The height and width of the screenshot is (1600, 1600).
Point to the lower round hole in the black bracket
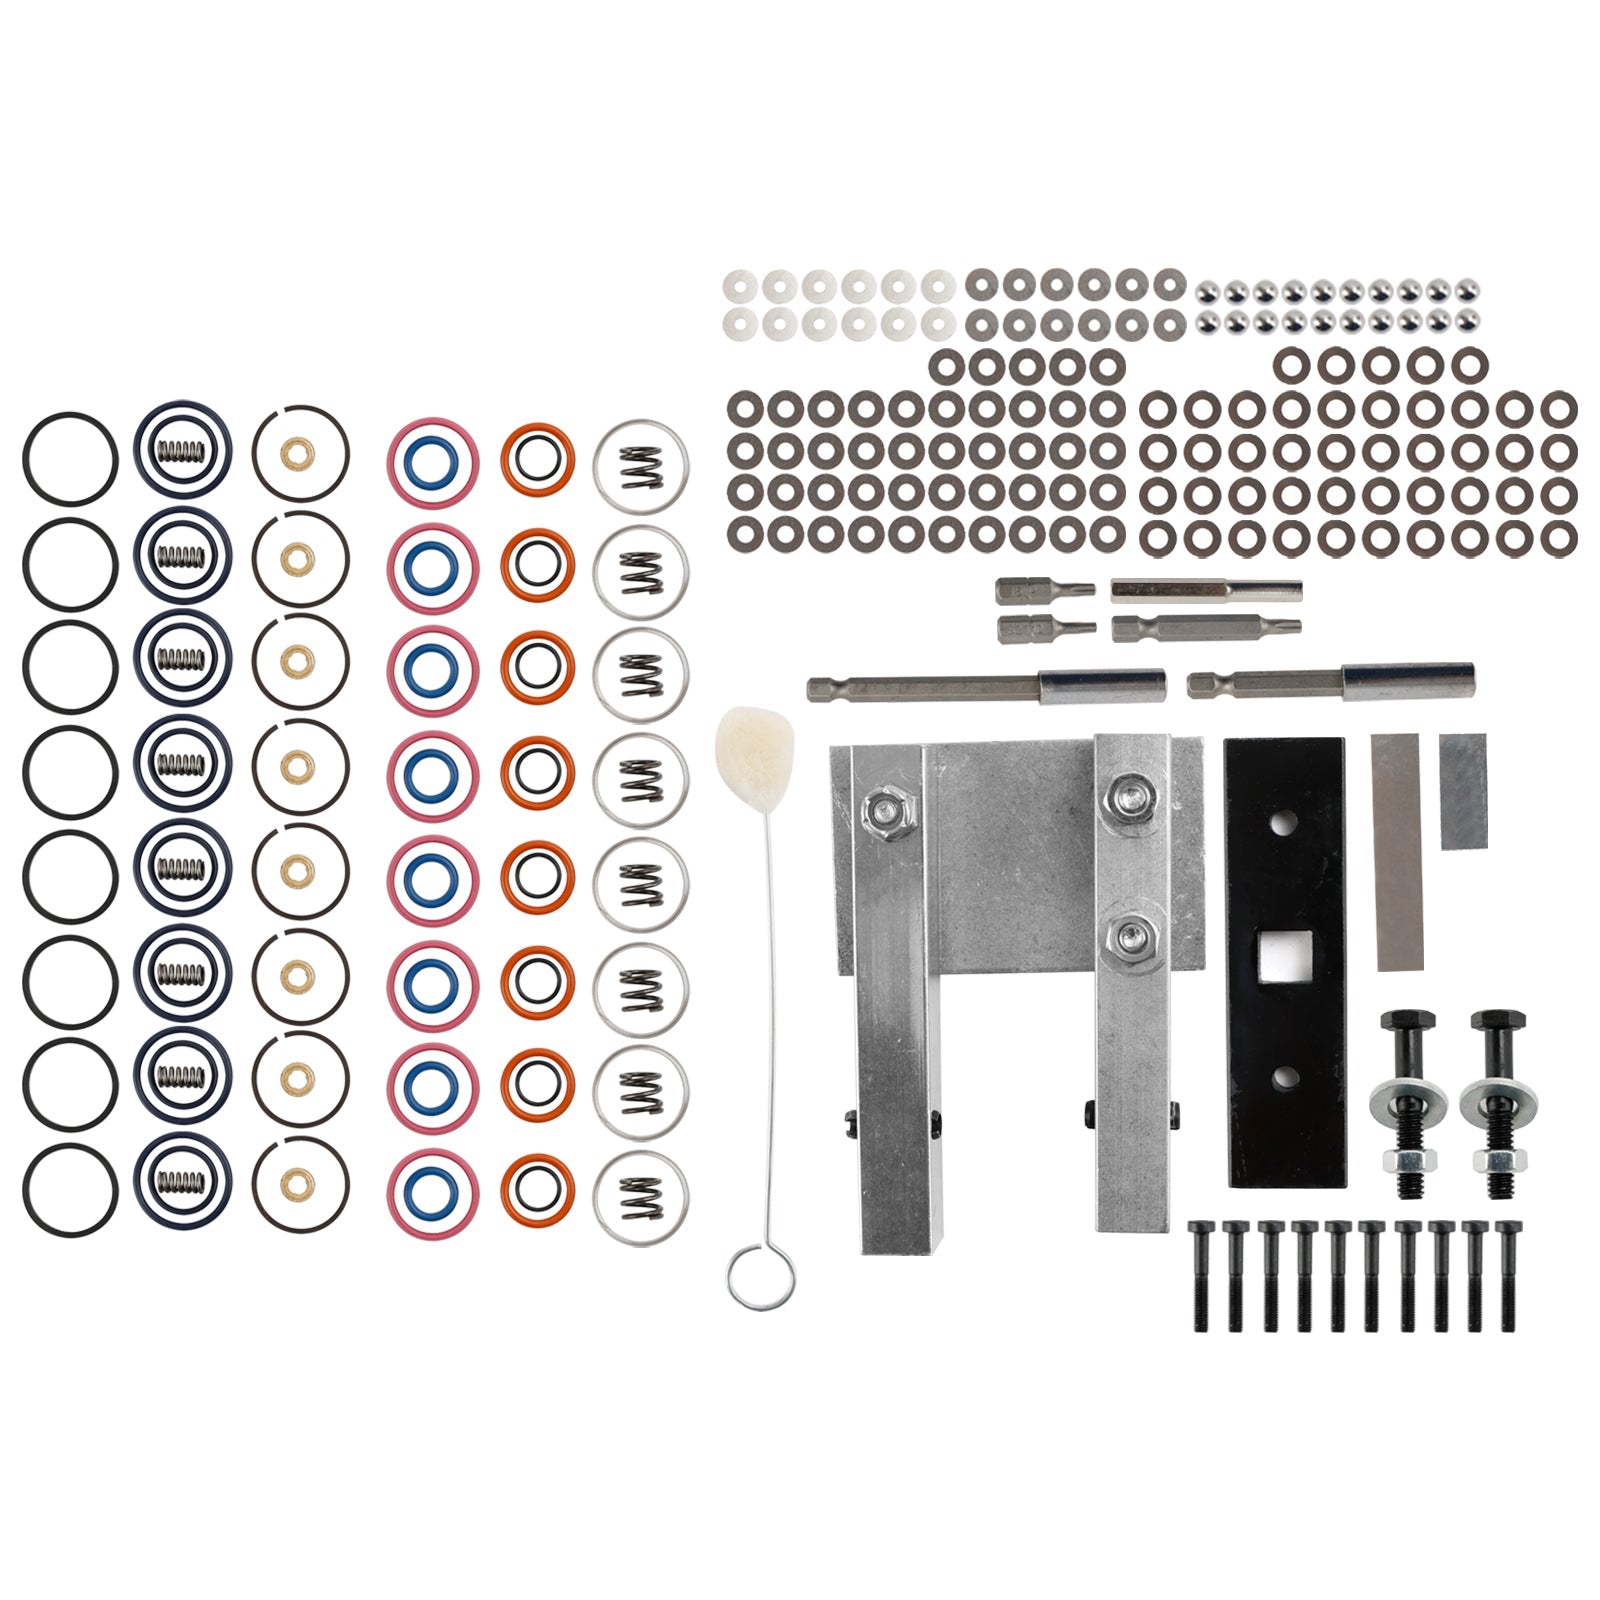(x=1282, y=1076)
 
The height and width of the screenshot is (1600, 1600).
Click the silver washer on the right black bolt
(x=1494, y=1098)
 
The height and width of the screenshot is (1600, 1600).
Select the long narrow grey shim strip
(x=1398, y=852)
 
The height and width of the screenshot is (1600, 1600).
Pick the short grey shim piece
(x=1463, y=791)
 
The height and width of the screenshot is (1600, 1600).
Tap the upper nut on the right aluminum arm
(x=1129, y=796)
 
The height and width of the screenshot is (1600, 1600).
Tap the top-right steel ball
(x=1467, y=292)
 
